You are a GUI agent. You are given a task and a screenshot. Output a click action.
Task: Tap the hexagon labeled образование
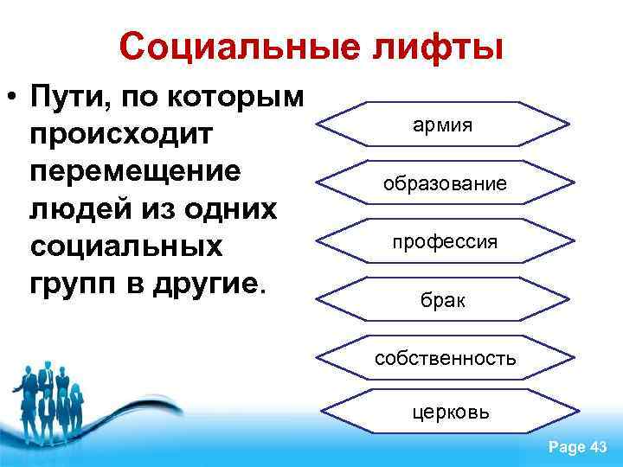pos(443,182)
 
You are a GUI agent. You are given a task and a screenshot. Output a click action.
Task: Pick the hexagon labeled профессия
pos(443,241)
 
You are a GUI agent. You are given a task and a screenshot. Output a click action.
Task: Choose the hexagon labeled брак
pos(443,300)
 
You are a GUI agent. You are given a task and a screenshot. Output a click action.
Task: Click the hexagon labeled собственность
pos(444,357)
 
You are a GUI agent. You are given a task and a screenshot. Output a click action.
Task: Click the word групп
pos(69,281)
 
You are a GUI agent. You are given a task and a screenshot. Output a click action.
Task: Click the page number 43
pos(597,446)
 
